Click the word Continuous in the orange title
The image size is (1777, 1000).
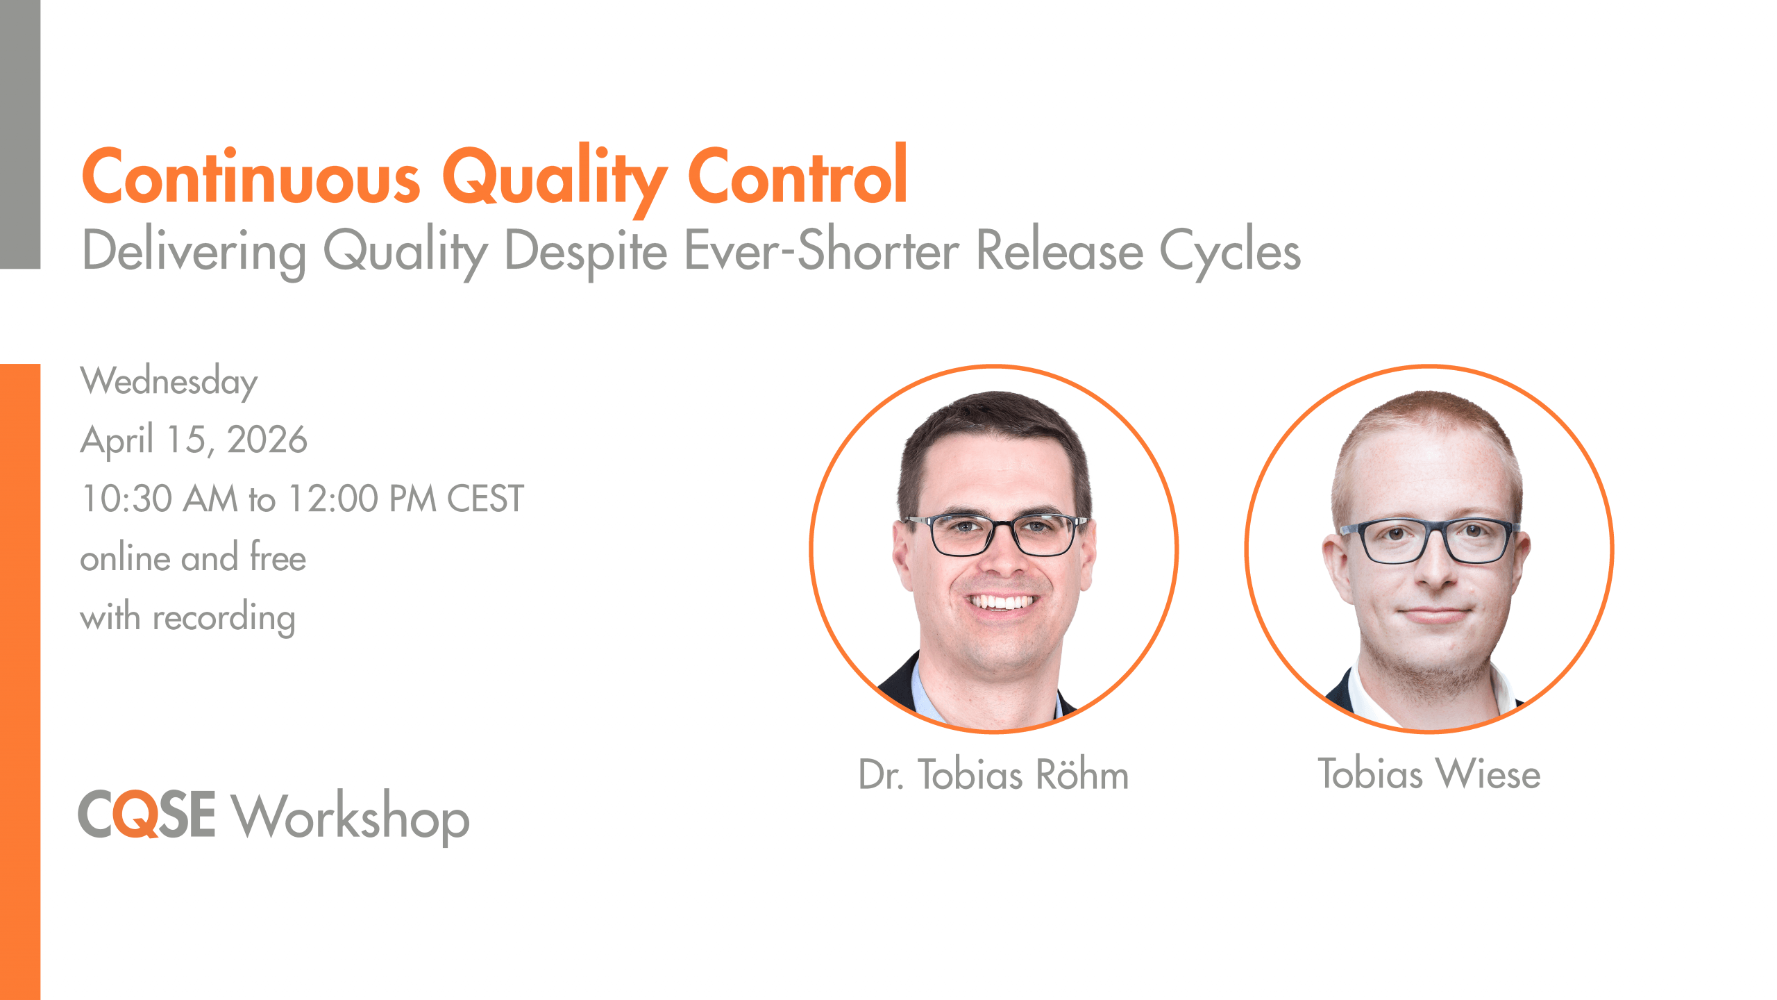[251, 176]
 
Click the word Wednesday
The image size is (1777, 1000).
[169, 382]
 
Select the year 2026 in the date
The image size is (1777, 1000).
[267, 440]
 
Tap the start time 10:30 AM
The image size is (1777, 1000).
[160, 499]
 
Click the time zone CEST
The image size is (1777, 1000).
[485, 499]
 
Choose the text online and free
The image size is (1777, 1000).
[193, 557]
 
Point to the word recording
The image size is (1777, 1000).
[224, 618]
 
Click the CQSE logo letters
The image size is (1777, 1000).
[146, 814]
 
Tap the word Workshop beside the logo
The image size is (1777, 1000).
[351, 817]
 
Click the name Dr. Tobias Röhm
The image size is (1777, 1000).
[994, 774]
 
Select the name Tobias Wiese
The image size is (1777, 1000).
[1429, 774]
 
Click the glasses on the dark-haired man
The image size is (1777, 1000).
[997, 534]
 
